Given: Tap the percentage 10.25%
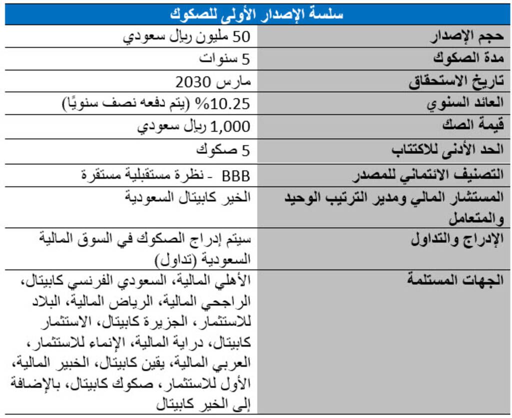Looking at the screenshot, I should pos(229,103).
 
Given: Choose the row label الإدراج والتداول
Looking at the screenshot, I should pos(457,239).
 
